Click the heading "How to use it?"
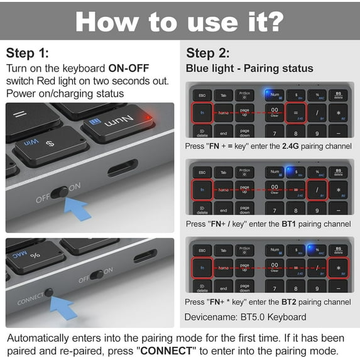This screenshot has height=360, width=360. point(180,21)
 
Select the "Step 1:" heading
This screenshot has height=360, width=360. point(27,53)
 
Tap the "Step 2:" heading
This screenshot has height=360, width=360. point(208,53)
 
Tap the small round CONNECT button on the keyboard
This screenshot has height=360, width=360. point(48,293)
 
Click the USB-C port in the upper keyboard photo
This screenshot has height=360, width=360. point(122,168)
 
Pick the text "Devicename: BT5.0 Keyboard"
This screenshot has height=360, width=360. point(246,317)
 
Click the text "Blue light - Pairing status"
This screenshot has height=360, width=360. point(249,68)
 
